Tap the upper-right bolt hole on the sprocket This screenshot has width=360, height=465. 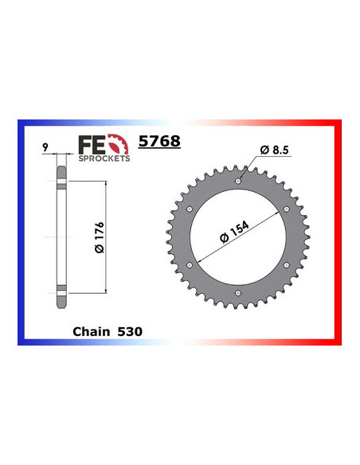(286, 209)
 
